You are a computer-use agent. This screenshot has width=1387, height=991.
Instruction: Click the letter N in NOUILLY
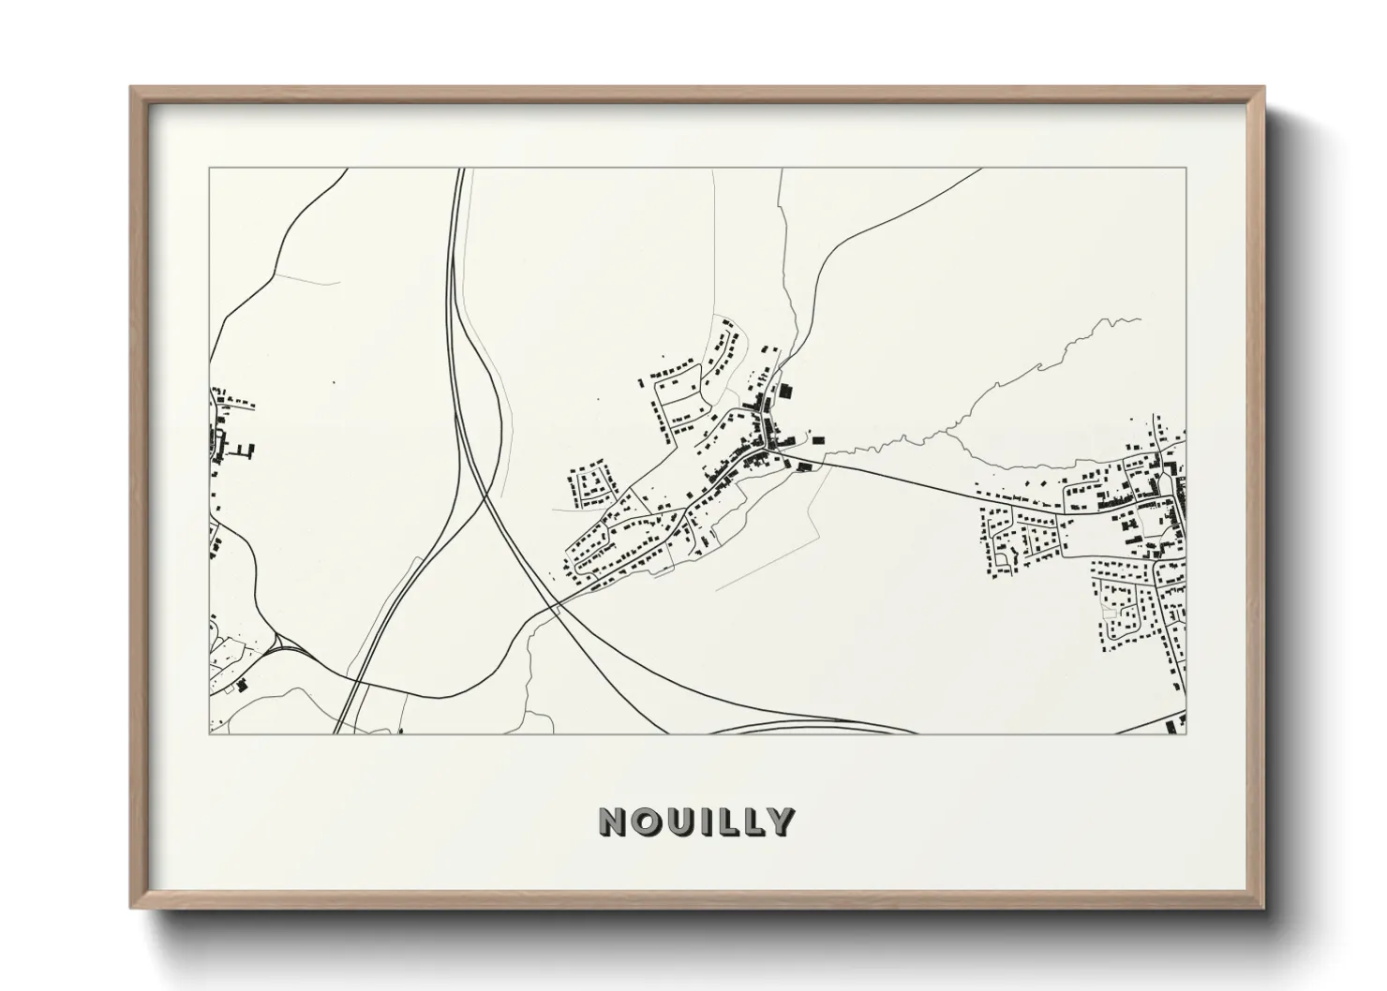(x=613, y=821)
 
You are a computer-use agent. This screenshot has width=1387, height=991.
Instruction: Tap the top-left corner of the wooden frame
(x=132, y=88)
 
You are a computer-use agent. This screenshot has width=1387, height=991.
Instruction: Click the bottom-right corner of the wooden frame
(x=1263, y=908)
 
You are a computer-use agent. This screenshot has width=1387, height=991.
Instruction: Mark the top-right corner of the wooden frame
(x=1263, y=88)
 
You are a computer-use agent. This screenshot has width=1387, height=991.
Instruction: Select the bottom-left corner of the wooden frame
(x=132, y=908)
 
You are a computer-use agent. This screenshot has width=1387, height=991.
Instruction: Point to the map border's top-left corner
(x=209, y=169)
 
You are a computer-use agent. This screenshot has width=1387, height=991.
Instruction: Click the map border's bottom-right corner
(x=1186, y=733)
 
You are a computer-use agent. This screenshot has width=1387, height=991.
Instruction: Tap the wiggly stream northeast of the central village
(x=1040, y=365)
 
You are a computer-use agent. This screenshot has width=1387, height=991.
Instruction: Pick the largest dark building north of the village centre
(x=785, y=390)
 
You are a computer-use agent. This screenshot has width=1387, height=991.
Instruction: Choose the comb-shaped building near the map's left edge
(x=245, y=452)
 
